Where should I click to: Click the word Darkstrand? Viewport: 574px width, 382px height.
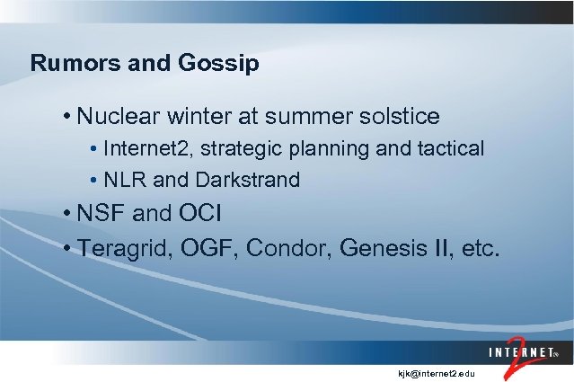(252, 180)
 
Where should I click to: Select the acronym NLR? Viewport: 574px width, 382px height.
(125, 180)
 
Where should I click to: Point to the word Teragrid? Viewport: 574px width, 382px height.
(121, 248)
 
